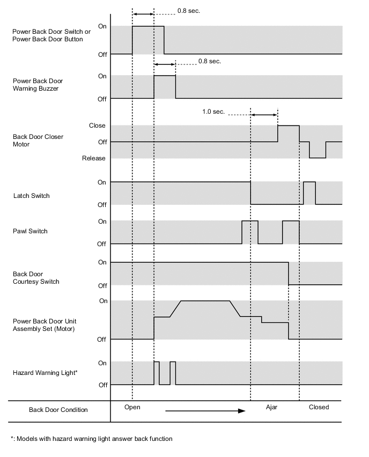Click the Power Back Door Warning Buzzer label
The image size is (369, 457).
point(38,85)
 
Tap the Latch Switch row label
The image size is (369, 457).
point(31,196)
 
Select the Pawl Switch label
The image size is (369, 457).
point(30,231)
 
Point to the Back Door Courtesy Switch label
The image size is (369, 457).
point(36,278)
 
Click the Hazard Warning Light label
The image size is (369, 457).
point(45,372)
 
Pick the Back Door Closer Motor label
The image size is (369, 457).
point(38,141)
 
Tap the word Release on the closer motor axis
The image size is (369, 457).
point(94,158)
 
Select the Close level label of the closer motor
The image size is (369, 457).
point(97,126)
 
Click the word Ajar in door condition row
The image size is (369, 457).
point(272,407)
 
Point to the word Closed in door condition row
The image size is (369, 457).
point(319,407)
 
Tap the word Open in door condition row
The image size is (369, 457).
point(132,407)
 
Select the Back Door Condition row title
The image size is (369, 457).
point(58,410)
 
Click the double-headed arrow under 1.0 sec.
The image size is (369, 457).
point(264,115)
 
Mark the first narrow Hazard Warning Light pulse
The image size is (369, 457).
point(157,372)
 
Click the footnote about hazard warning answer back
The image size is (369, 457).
point(91,439)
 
